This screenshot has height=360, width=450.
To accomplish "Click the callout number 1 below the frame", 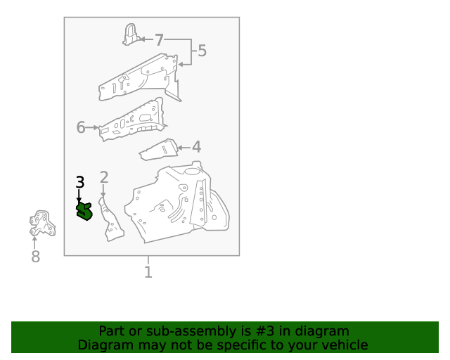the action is tap(148, 272).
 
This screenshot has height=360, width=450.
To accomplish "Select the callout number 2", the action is tap(104, 177).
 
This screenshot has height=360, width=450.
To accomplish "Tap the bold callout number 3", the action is tap(80, 182).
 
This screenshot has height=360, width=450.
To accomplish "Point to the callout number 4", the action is tap(196, 147).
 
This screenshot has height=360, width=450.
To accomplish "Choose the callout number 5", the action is tap(202, 51).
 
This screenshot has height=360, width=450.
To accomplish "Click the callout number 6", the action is tap(81, 127).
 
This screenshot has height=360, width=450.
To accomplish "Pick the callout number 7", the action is tap(159, 39).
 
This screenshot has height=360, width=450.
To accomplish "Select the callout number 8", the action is tap(35, 257).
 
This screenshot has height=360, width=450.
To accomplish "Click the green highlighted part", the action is tap(84, 212).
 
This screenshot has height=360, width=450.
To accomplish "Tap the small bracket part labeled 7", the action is tap(131, 35).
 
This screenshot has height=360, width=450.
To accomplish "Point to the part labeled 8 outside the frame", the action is tap(42, 224).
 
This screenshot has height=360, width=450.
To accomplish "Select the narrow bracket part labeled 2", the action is tap(110, 219).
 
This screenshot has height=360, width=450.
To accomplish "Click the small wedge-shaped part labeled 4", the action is tap(158, 150).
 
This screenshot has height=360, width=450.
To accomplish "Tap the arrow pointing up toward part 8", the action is tap(34, 243).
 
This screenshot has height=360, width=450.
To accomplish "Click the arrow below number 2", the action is tap(103, 191).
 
